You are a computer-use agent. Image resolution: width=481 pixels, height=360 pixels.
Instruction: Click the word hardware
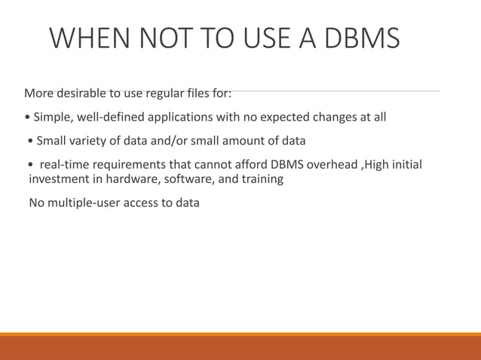tap(138, 180)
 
